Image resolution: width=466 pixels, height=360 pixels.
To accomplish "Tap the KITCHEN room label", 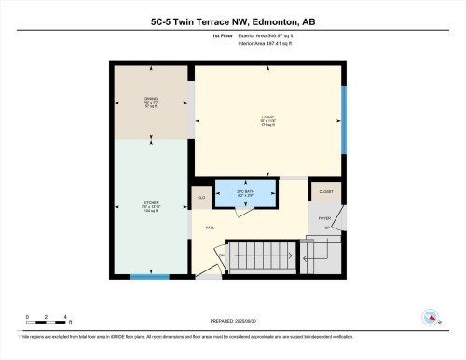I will pos(150,208).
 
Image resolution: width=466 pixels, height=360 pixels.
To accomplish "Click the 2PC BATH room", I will pos(246,193).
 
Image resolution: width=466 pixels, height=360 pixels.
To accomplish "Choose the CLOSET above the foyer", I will pos(325,192).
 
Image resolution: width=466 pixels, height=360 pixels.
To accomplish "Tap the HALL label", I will pos(211,226).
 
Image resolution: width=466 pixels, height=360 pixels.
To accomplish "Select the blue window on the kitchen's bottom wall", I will pos(149,276).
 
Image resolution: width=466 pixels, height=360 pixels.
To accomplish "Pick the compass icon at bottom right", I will pos(431,316).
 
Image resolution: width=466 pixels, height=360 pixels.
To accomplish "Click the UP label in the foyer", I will pos(326,227).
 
